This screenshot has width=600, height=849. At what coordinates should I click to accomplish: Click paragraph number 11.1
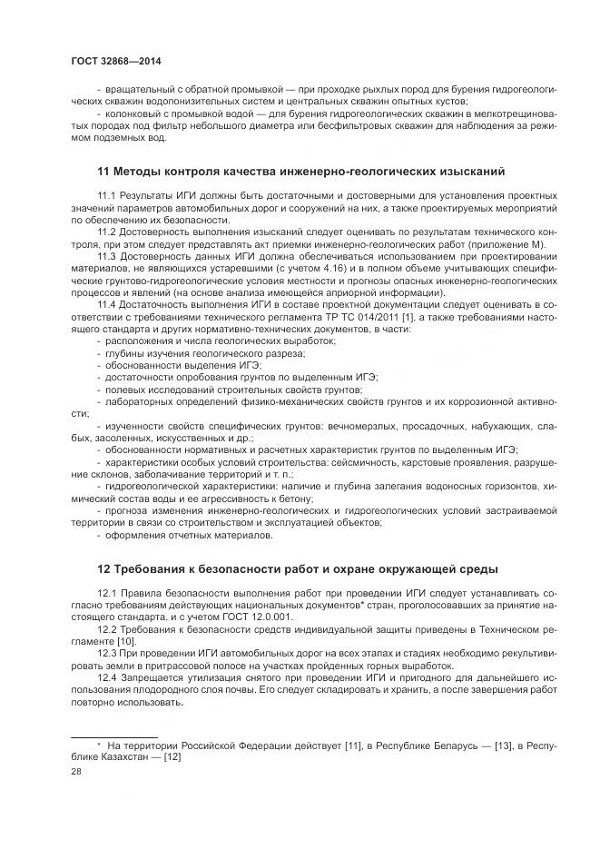click(107, 195)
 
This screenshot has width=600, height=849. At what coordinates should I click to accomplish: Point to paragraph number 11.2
click(107, 232)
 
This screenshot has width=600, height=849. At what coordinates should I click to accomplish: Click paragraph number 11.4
click(107, 303)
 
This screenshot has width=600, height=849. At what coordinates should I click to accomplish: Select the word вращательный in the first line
click(134, 89)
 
